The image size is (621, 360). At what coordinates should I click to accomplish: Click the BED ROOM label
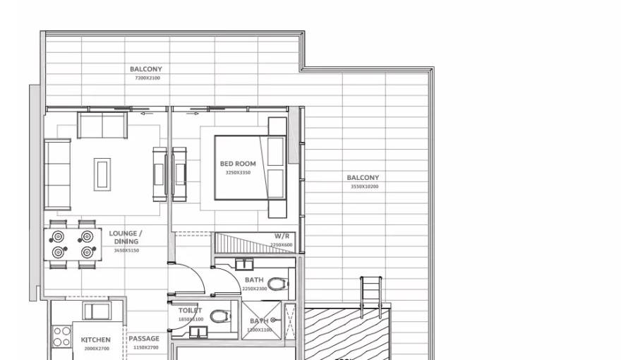(x=238, y=164)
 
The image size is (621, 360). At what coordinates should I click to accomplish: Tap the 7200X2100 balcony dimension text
(x=146, y=78)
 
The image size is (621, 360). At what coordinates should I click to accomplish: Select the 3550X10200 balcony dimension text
(x=364, y=187)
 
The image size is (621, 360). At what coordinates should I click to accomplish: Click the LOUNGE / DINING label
(x=126, y=237)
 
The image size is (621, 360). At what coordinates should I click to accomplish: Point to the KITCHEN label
(x=95, y=340)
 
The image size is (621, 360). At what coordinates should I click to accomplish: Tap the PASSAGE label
(x=144, y=339)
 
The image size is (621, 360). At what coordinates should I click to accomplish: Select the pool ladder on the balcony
(x=370, y=290)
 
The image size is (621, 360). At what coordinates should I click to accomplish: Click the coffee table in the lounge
(x=103, y=173)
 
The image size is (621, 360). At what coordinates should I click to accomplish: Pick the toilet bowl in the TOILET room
(x=219, y=317)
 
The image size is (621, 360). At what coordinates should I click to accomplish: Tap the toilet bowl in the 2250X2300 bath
(x=278, y=284)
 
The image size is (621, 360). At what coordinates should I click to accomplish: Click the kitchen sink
(x=96, y=311)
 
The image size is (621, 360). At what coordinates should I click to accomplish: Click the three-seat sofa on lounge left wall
(x=58, y=175)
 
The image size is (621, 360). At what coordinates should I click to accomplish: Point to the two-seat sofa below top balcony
(x=102, y=125)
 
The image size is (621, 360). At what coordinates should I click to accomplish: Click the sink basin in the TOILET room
(x=198, y=333)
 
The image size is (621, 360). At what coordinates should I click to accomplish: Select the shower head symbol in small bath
(x=272, y=320)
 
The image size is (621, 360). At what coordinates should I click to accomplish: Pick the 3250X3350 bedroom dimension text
(x=238, y=172)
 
